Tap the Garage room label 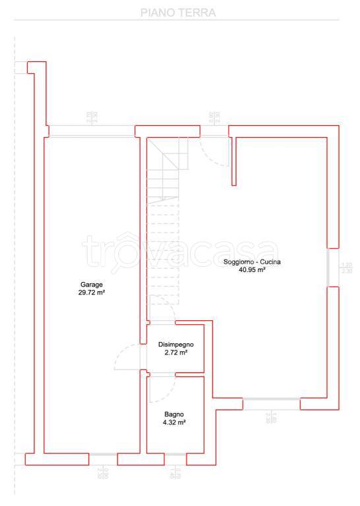tap(92, 285)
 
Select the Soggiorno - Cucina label tap(252, 262)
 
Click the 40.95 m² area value tap(252, 269)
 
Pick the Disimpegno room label tap(175, 345)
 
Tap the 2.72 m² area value tap(175, 353)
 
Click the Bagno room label tap(175, 414)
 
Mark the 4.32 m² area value tap(175, 422)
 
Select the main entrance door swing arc tap(215, 152)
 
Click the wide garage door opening tap(92, 131)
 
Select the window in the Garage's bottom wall tap(104, 455)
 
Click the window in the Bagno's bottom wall tap(175, 455)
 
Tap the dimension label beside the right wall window tap(347, 267)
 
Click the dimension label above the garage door tap(92, 117)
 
